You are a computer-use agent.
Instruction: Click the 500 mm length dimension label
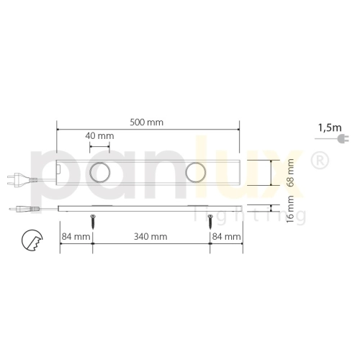click(148, 122)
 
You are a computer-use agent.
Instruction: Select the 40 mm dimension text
click(100, 135)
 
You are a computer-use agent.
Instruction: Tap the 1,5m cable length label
click(328, 127)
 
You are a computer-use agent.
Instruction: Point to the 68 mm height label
click(291, 172)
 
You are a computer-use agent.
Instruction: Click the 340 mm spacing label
click(152, 235)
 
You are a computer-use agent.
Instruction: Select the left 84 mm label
click(76, 235)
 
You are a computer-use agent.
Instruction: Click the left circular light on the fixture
click(99, 173)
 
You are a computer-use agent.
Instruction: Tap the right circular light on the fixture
click(196, 173)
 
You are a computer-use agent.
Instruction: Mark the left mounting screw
click(93, 218)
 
